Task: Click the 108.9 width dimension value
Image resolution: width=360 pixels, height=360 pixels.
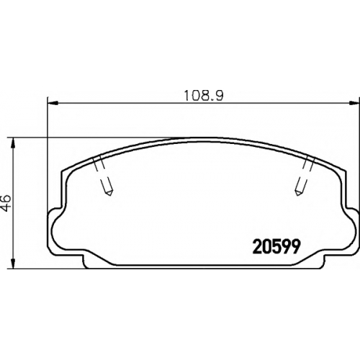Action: click(204, 96)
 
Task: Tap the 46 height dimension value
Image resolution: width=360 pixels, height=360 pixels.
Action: click(6, 203)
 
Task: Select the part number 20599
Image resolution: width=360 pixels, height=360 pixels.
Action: click(276, 247)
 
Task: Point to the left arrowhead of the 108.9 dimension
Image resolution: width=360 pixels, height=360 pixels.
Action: click(53, 104)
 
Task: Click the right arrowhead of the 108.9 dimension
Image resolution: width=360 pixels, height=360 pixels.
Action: click(354, 104)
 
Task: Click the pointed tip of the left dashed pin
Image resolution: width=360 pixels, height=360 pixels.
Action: click(110, 195)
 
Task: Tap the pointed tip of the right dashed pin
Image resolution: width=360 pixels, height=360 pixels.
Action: click(297, 195)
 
